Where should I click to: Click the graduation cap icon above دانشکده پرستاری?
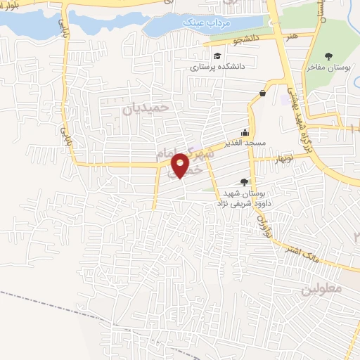[x=218, y=56]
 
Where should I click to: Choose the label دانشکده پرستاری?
[x=217, y=68]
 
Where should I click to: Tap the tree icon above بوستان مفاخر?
[x=328, y=56]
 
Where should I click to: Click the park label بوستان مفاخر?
[x=328, y=67]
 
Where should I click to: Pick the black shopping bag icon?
[x=263, y=93]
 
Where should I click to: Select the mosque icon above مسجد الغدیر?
[x=245, y=131]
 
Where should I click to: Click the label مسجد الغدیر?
[x=245, y=143]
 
